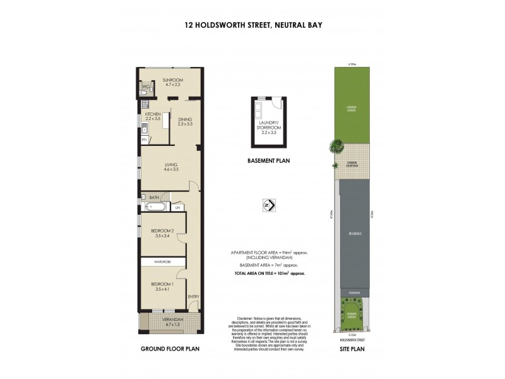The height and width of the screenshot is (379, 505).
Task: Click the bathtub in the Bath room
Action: coord(155,207)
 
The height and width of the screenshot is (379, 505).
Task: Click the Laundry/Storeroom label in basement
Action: coord(268,127)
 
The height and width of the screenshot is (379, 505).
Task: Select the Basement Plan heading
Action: coord(268,161)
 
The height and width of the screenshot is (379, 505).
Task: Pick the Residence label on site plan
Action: coord(355,234)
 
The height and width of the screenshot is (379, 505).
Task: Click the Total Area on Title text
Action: coord(270,274)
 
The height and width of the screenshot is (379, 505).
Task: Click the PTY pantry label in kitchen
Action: coord(144,139)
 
